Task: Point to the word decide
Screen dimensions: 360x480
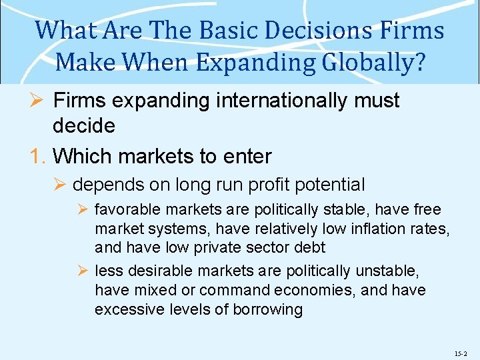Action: pyautogui.click(x=83, y=125)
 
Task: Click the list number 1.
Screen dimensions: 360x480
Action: pyautogui.click(x=37, y=157)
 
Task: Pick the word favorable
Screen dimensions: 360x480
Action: pyautogui.click(x=128, y=210)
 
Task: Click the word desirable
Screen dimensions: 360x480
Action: pyautogui.click(x=155, y=271)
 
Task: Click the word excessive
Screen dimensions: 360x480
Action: pyautogui.click(x=127, y=309)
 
